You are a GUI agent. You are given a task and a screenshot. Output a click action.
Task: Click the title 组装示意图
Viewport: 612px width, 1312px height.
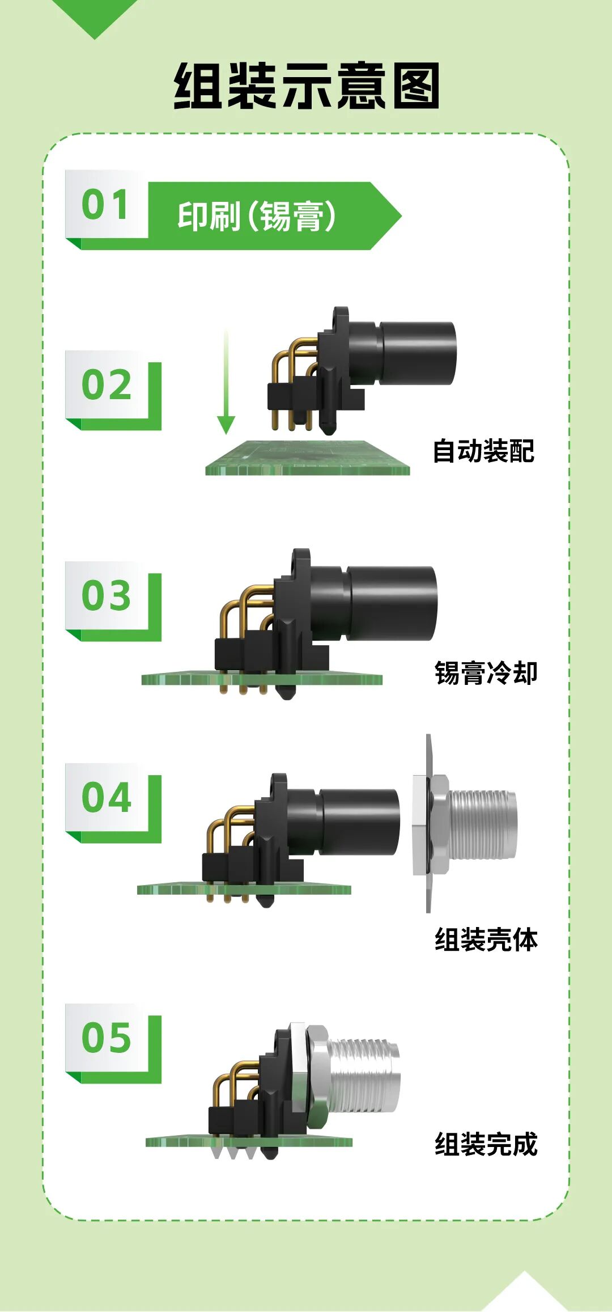pyautogui.click(x=307, y=86)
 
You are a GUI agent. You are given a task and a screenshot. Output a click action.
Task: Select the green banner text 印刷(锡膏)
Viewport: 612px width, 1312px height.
pyautogui.click(x=257, y=216)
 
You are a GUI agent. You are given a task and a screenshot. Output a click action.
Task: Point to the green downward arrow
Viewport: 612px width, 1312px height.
pyautogui.click(x=226, y=381)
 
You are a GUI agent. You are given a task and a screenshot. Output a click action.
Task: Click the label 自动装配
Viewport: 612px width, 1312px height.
pyautogui.click(x=483, y=451)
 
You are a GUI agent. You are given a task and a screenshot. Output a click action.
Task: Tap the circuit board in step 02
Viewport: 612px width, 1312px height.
pyautogui.click(x=307, y=458)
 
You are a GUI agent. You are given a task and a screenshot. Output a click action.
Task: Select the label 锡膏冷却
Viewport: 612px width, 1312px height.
pyautogui.click(x=486, y=673)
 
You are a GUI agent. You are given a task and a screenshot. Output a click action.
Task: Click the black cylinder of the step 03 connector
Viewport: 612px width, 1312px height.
pyautogui.click(x=392, y=603)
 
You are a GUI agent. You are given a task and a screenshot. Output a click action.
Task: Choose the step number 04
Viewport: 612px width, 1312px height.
pyautogui.click(x=107, y=797)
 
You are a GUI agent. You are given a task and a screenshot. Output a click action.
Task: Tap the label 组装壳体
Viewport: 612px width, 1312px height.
pyautogui.click(x=486, y=939)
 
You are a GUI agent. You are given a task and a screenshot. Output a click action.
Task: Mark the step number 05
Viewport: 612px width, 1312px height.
pyautogui.click(x=107, y=1038)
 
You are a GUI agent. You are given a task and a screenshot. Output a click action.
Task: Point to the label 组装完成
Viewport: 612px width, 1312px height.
pyautogui.click(x=486, y=1144)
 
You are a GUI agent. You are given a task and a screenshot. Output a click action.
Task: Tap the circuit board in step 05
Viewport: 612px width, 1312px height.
pyautogui.click(x=249, y=1141)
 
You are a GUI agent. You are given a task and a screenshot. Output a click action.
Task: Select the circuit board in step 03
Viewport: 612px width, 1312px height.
pyautogui.click(x=262, y=679)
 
